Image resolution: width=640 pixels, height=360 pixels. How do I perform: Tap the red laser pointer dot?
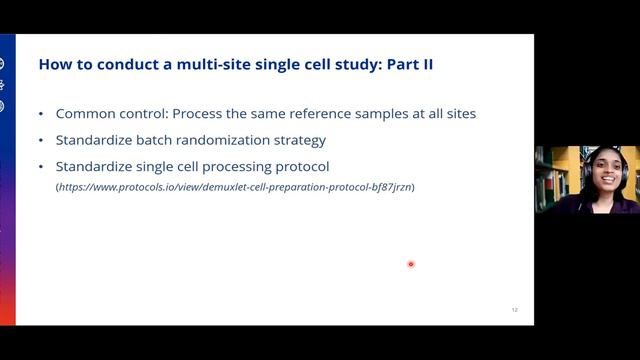[x=411, y=264]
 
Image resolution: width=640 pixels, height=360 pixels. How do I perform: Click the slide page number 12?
[x=515, y=310]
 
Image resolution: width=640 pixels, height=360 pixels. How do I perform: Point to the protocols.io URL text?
[x=235, y=186]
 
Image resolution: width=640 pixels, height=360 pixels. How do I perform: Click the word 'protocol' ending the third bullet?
[x=300, y=166]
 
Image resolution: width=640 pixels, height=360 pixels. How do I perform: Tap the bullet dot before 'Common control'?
[x=40, y=114]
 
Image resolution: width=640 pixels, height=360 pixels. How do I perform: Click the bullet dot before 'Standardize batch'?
[x=40, y=140]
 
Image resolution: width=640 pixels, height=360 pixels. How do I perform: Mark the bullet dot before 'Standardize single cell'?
[x=40, y=166]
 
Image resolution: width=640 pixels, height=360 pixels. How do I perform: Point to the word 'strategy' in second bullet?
[x=298, y=140]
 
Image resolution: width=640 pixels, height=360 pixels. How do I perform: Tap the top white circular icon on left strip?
[x=2, y=64]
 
